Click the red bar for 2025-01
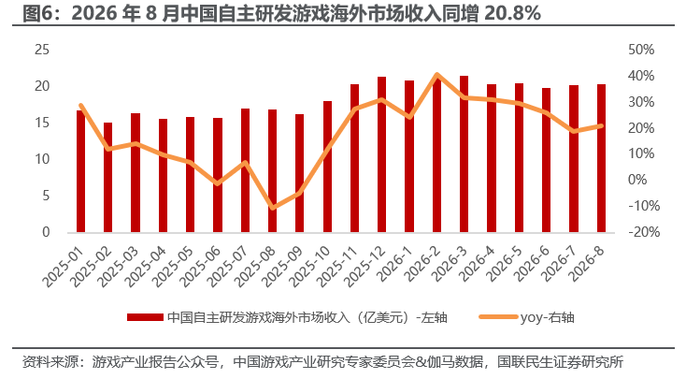click(80, 171)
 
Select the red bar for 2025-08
click(272, 171)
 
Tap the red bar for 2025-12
click(381, 154)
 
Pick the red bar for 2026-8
click(601, 158)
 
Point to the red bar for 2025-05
click(190, 174)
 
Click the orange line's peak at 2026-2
click(436, 75)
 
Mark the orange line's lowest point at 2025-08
click(272, 207)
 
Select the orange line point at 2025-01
click(80, 106)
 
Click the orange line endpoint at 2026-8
click(601, 126)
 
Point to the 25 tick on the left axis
click(42, 50)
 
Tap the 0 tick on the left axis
click(46, 232)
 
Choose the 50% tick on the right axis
click(641, 50)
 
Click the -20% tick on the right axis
click(644, 232)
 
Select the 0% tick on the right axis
click(637, 180)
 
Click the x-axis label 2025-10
click(310, 267)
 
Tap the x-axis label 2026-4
click(478, 263)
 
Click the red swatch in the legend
click(145, 317)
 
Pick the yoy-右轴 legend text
click(547, 317)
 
